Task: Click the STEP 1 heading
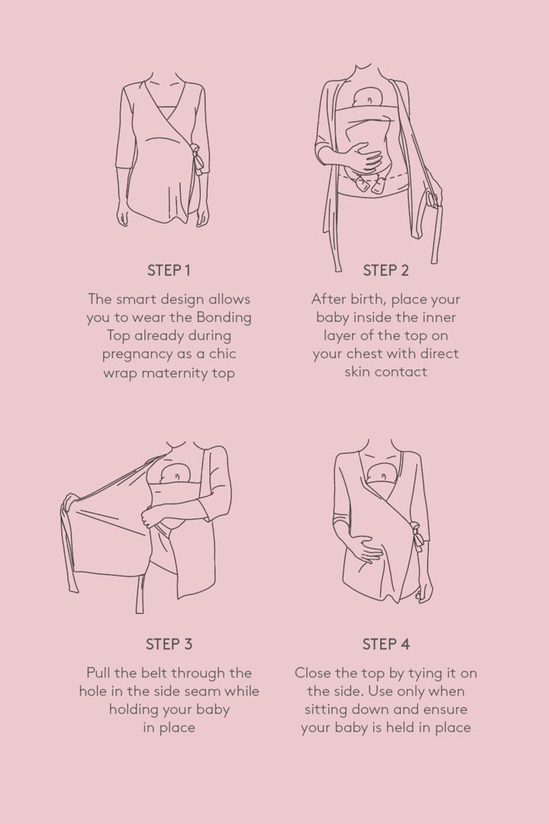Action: point(168,271)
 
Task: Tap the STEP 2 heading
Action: point(386,271)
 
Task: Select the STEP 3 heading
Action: point(169,644)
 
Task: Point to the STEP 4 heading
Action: point(386,644)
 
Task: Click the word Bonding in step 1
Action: point(224,318)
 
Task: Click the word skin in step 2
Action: point(357,372)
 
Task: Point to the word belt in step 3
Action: point(153,673)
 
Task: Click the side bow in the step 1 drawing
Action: point(198,158)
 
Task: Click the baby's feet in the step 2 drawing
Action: point(369,185)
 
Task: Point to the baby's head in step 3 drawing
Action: point(175,473)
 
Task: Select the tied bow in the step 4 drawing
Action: point(416,536)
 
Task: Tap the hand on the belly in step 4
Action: point(366,549)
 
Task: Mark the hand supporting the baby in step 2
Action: point(363,156)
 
